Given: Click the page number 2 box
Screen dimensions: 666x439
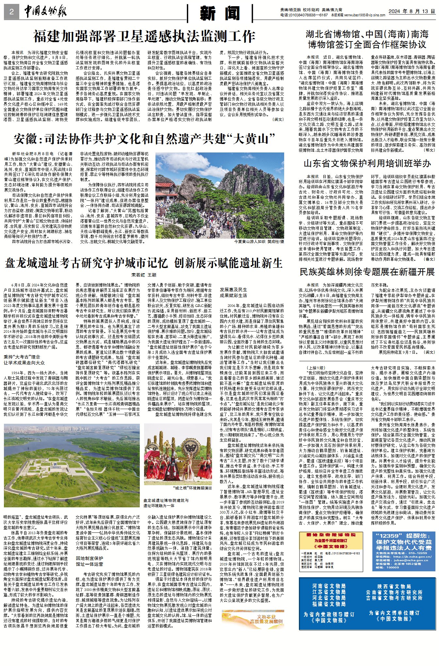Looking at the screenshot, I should pyautogui.click(x=11, y=12).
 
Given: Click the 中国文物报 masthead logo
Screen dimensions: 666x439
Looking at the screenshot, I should pyautogui.click(x=45, y=12).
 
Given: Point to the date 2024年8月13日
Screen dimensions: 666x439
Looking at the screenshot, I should pyautogui.click(x=412, y=11).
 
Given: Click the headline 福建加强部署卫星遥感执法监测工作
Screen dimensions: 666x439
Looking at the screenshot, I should pyautogui.click(x=144, y=37).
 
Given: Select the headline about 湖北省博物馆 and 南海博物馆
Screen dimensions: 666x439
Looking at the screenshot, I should pyautogui.click(x=367, y=39).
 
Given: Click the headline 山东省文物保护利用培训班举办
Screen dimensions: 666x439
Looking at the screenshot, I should pyautogui.click(x=367, y=163).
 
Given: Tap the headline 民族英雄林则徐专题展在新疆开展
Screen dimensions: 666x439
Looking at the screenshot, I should pyautogui.click(x=367, y=272).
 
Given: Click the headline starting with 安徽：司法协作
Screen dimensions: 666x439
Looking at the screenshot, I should pyautogui.click(x=144, y=139).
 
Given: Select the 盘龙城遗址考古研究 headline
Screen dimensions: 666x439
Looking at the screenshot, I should pyautogui.click(x=144, y=263).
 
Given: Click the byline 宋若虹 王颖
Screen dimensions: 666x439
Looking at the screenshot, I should pyautogui.click(x=144, y=275).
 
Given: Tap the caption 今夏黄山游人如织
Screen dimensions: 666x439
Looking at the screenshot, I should pyautogui.click(x=259, y=242).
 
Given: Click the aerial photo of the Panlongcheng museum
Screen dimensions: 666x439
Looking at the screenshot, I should pyautogui.click(x=72, y=465).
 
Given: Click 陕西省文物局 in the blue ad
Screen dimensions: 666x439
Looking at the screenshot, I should pyautogui.click(x=394, y=586).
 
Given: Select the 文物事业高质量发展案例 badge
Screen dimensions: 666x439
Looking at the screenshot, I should pyautogui.click(x=252, y=619).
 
